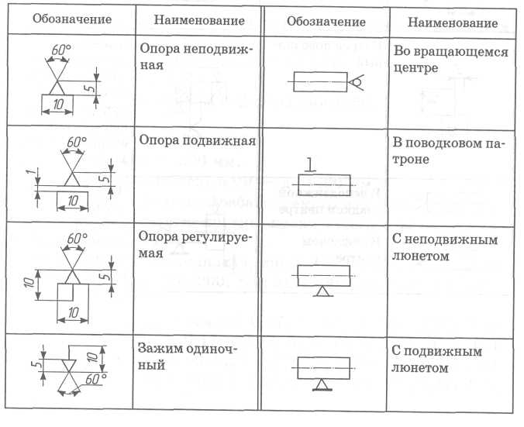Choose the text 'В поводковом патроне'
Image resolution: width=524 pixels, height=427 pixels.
(449, 150)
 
